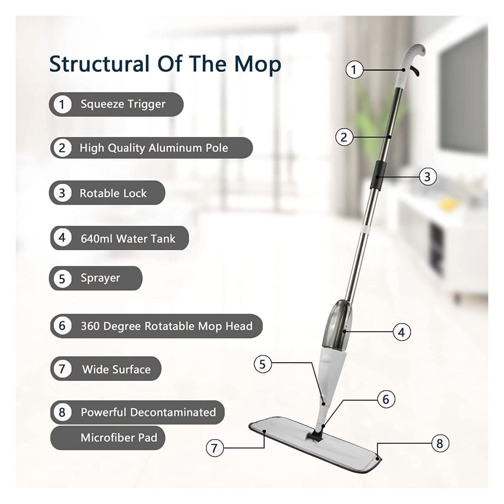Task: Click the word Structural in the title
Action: tap(99, 64)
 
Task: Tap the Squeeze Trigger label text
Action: tap(123, 104)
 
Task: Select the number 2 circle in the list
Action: tap(62, 148)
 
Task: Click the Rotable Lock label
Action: tap(113, 193)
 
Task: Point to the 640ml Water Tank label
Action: tap(128, 239)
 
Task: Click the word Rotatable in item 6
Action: tap(170, 326)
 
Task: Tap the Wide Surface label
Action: tap(116, 369)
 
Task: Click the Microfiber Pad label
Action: tap(119, 438)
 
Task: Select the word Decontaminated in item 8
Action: tap(173, 412)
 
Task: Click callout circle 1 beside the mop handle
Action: tap(354, 70)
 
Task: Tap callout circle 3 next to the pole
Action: tap(428, 177)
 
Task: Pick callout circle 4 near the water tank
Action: tap(402, 332)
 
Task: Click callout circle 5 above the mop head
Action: tap(263, 364)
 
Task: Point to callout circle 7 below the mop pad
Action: tap(214, 448)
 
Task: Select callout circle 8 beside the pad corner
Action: tap(440, 443)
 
